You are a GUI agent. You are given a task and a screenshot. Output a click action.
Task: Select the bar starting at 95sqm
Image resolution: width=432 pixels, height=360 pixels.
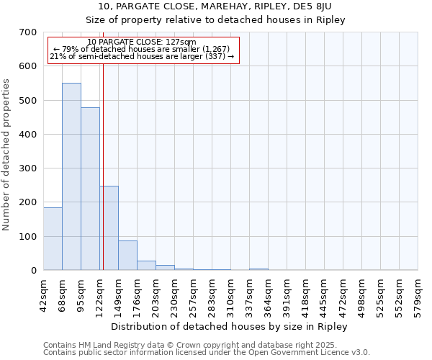[x=90, y=189]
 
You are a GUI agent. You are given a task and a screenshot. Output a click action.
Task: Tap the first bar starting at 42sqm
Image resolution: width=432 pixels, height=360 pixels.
[x=53, y=238]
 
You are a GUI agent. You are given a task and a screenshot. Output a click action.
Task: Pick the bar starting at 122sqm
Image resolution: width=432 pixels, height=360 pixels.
[x=109, y=228]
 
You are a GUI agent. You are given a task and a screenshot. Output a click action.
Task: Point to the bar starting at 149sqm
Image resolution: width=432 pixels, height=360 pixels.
[x=127, y=255]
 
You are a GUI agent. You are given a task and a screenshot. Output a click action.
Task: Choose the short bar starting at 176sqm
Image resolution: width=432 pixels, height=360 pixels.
[x=146, y=265]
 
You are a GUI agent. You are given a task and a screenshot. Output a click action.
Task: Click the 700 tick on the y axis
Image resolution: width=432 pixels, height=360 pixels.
[x=28, y=32]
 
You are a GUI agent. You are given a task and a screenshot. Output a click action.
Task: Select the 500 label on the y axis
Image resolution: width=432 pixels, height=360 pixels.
[x=28, y=100]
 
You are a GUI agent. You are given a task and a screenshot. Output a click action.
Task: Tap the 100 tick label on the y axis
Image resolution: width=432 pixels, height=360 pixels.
[x=28, y=236]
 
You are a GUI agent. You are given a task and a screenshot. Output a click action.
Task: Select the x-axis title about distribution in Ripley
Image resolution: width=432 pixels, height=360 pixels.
[x=230, y=326]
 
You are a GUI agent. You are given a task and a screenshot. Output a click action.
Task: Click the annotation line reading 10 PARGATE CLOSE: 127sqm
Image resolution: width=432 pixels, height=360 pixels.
[x=141, y=42]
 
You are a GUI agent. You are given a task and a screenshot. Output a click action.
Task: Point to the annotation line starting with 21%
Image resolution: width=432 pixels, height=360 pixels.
[x=142, y=56]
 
